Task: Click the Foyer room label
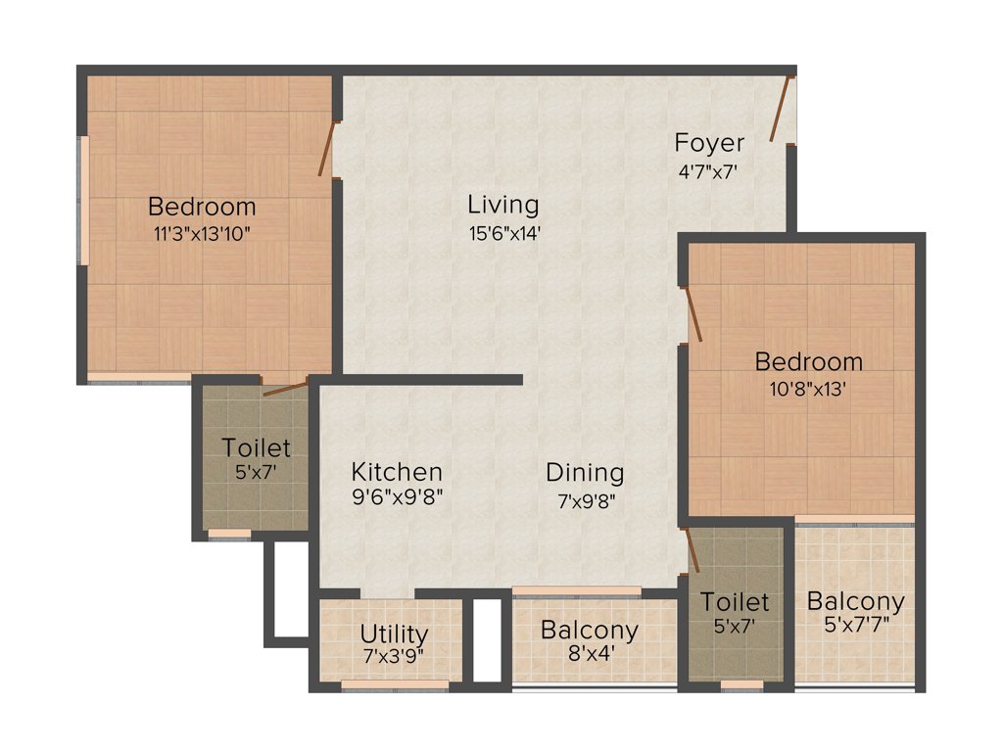pyautogui.click(x=709, y=143)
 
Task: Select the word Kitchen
pyautogui.click(x=397, y=472)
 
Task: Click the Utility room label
pyautogui.click(x=394, y=634)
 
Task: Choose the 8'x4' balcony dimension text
pyautogui.click(x=590, y=655)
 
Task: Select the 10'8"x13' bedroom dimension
pyautogui.click(x=808, y=387)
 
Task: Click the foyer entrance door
pyautogui.click(x=780, y=110)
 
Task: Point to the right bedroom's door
pyautogui.click(x=693, y=313)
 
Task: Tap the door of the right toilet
pyautogui.click(x=692, y=550)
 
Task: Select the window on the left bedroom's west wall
pyautogui.click(x=85, y=200)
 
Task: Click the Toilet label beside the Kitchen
pyautogui.click(x=256, y=448)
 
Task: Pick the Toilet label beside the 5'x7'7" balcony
pyautogui.click(x=735, y=601)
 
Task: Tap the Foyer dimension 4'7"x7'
pyautogui.click(x=708, y=169)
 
